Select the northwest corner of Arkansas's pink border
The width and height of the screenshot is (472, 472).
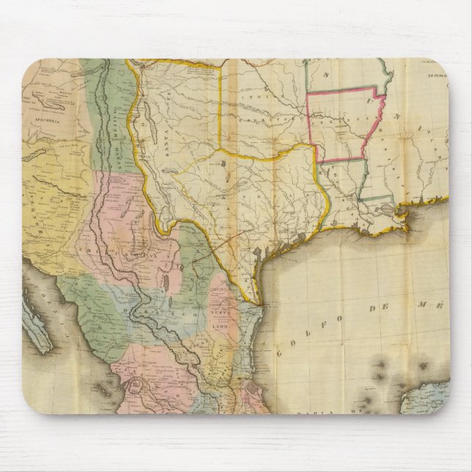pos(307,95)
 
